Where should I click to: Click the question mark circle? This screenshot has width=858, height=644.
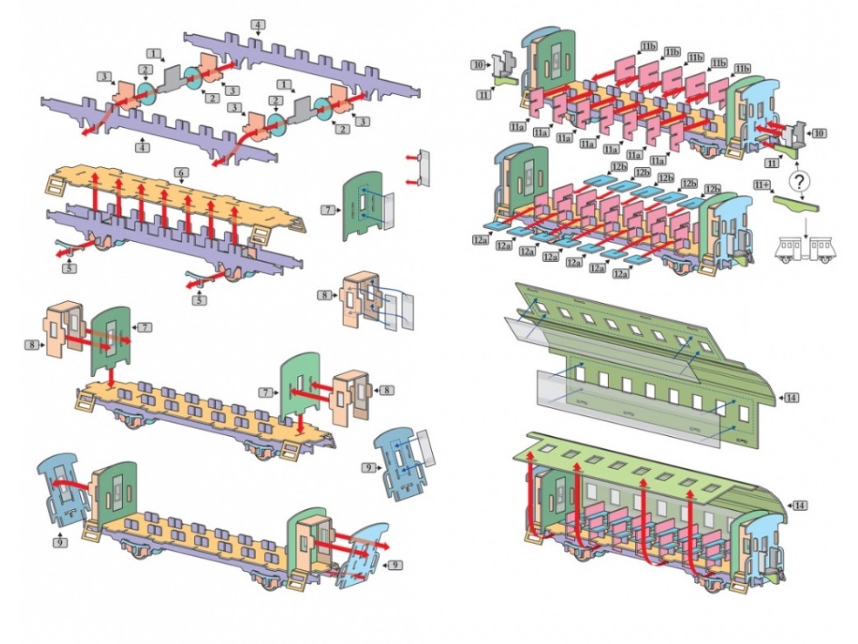[800, 183]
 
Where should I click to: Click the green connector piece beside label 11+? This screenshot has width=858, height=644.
[798, 205]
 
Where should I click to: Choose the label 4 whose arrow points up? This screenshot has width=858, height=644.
[142, 148]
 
